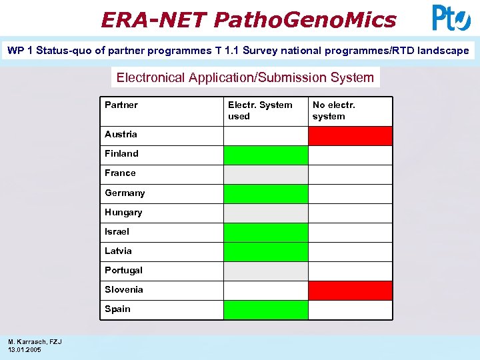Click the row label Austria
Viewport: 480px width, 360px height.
[x=121, y=134]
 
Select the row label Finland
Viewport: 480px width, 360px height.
[x=121, y=153]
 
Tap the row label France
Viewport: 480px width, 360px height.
[x=120, y=173]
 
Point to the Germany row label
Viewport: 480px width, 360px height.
[x=125, y=193]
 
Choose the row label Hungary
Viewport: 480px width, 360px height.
[x=123, y=212]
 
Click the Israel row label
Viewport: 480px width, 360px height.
[x=117, y=231]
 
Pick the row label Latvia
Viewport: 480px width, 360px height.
[x=118, y=251]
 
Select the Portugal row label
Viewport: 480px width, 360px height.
[x=123, y=270]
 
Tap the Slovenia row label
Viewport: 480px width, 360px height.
[x=123, y=289]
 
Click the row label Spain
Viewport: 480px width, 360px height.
[x=117, y=309]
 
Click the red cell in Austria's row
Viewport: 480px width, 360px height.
[x=350, y=136]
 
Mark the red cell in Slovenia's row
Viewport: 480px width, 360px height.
[x=350, y=291]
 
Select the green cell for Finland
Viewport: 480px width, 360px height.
[x=265, y=155]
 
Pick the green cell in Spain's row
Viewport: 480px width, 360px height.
[x=265, y=310]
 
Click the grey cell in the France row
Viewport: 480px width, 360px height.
[x=265, y=175]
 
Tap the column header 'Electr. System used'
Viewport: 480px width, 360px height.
[x=260, y=110]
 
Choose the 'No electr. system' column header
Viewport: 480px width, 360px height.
[x=334, y=110]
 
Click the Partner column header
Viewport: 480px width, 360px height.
[x=121, y=105]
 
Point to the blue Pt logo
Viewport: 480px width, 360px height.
[x=451, y=18]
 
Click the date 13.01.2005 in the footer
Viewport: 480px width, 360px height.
[x=24, y=349]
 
